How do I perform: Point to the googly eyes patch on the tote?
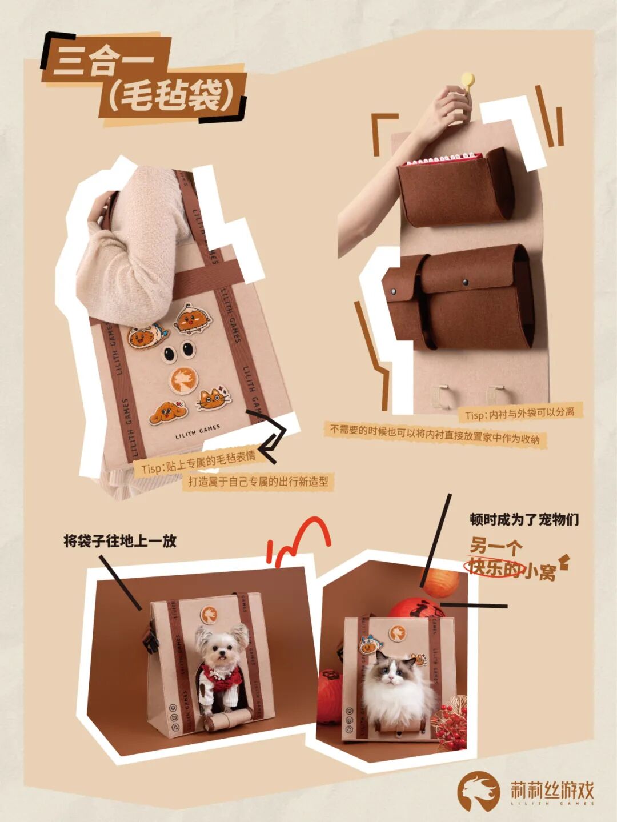(179, 351)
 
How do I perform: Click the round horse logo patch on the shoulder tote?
(183, 380)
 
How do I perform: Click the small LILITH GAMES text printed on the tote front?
(198, 432)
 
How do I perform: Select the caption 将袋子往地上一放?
(120, 541)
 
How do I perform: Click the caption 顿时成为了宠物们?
(524, 519)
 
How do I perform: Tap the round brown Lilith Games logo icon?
(478, 783)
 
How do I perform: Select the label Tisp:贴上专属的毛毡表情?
(198, 463)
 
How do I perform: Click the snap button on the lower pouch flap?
(466, 282)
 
